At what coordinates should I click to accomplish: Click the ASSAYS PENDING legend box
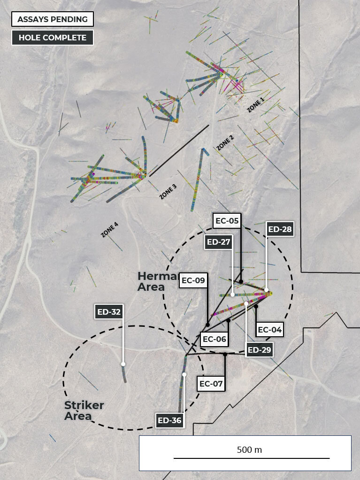[x=53, y=19]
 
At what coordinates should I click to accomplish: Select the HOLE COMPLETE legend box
[x=53, y=38]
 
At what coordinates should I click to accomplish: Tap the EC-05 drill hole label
[x=227, y=220]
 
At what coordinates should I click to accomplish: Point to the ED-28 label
[x=280, y=229]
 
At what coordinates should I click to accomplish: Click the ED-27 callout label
[x=219, y=242]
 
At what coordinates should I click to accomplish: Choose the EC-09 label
[x=193, y=281]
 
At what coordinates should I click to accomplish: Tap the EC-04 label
[x=270, y=330]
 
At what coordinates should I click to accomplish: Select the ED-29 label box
[x=260, y=349]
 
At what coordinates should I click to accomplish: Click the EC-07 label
[x=211, y=384]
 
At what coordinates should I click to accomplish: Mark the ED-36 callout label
[x=169, y=420]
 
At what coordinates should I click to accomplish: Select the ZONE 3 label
[x=168, y=192]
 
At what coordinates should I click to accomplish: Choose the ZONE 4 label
[x=109, y=230]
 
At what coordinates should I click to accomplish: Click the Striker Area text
[x=84, y=410]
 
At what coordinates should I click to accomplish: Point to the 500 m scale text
[x=249, y=449]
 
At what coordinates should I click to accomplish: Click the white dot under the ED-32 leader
[x=123, y=364]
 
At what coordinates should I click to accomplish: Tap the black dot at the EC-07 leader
[x=225, y=354]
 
